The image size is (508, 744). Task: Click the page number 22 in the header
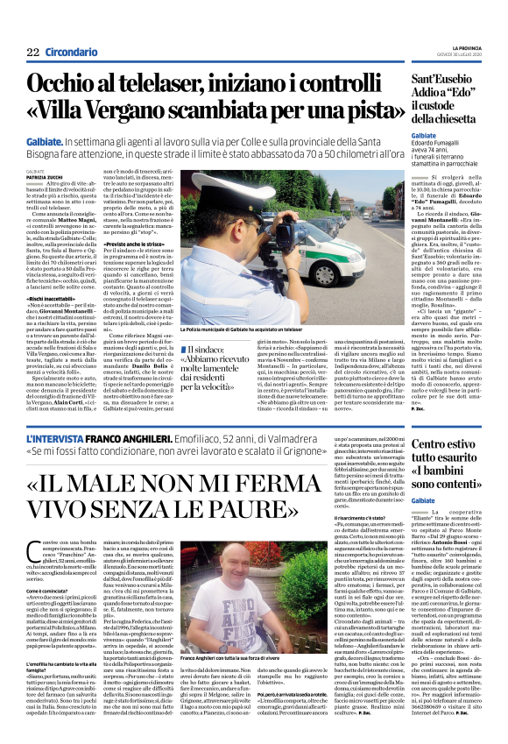(x=32, y=51)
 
